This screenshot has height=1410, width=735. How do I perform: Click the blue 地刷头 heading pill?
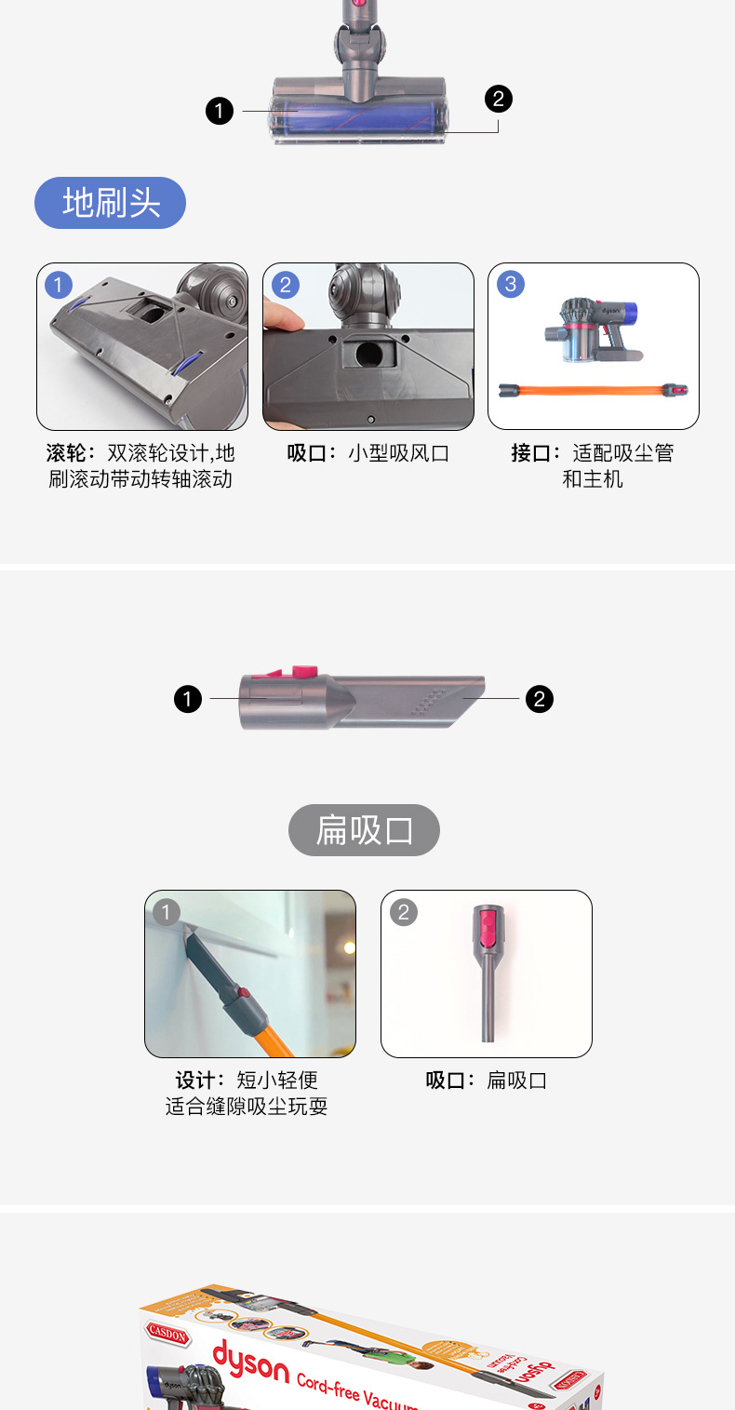click(x=110, y=203)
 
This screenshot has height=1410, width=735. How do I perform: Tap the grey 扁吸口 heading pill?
click(x=364, y=829)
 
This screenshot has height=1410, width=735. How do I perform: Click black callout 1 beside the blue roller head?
click(x=220, y=111)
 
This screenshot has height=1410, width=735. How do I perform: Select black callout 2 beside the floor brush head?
click(x=499, y=99)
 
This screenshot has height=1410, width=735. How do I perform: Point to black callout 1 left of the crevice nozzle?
click(x=188, y=699)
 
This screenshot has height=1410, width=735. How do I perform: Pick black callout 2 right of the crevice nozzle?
click(x=540, y=699)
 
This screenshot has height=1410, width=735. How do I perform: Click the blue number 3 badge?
click(x=511, y=284)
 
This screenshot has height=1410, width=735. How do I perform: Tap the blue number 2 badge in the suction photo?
click(x=285, y=285)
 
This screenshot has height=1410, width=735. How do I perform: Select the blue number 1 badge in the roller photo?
click(x=59, y=285)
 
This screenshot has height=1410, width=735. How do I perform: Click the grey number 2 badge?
click(x=404, y=912)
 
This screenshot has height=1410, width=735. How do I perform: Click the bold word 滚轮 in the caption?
click(x=65, y=452)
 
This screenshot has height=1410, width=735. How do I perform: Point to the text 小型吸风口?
click(x=398, y=453)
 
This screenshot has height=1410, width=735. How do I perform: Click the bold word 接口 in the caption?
click(x=531, y=452)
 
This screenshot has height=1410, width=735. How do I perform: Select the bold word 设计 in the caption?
click(x=195, y=1081)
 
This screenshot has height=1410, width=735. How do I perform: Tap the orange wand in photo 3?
click(x=593, y=390)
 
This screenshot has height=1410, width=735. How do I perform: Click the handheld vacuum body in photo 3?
click(x=592, y=329)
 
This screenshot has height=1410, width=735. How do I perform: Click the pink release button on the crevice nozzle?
click(x=305, y=672)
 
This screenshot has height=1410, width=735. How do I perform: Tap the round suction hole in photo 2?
click(x=368, y=354)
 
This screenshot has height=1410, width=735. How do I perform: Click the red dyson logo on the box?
click(x=250, y=1362)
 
